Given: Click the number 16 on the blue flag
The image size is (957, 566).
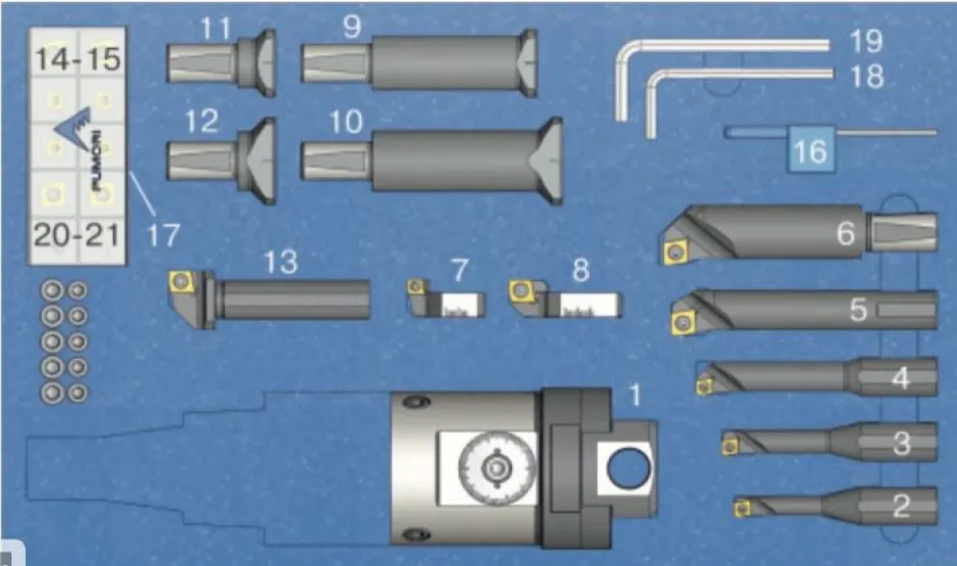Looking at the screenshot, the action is click(x=811, y=151).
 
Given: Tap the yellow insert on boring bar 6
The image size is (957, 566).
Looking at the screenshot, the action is click(x=676, y=252).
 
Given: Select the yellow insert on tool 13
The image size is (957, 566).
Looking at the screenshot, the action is click(x=181, y=281).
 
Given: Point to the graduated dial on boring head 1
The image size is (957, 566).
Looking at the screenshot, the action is click(x=497, y=468).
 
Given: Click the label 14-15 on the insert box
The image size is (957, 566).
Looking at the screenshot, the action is click(x=78, y=59).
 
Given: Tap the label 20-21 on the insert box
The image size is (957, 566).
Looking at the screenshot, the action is click(x=77, y=235).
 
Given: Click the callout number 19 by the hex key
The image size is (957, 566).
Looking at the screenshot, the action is click(x=866, y=40).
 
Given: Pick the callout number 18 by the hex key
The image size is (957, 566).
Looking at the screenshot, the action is click(x=866, y=76).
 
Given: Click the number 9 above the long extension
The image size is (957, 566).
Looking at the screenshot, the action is click(x=352, y=26).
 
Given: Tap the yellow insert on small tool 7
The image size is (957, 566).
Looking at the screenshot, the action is click(x=416, y=287).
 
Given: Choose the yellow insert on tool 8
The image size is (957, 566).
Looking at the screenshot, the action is click(x=521, y=291).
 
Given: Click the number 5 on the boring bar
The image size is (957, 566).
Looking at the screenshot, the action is click(x=858, y=310).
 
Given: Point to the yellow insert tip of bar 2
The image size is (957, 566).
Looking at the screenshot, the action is click(x=742, y=508).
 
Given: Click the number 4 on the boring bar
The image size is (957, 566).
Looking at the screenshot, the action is click(x=901, y=378).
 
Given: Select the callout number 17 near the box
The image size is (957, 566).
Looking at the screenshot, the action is click(x=164, y=235).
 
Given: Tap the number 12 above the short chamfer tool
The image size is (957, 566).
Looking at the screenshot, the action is click(x=201, y=120).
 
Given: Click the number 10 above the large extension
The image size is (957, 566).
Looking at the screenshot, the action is click(x=346, y=122).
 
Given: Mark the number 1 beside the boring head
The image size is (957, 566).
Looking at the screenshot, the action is click(x=635, y=396).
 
